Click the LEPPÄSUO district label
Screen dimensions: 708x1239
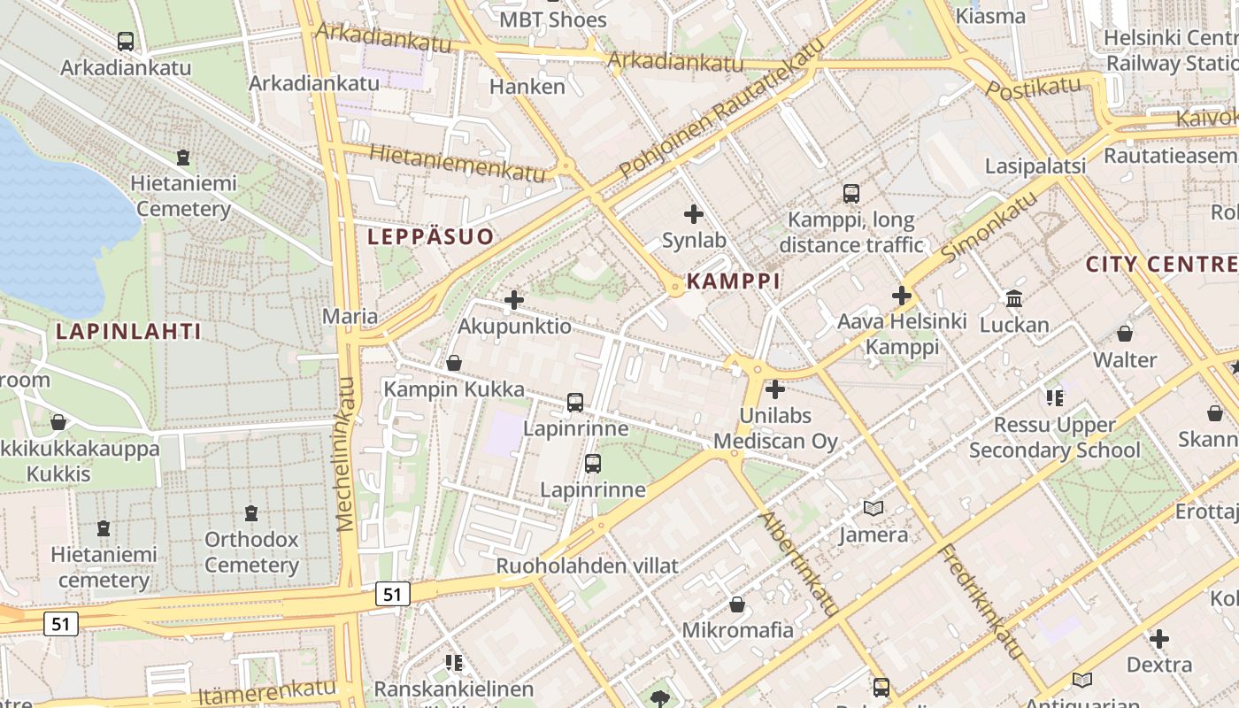click(x=430, y=237)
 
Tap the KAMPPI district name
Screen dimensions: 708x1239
click(x=734, y=281)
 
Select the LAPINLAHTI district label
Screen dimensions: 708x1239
click(x=128, y=332)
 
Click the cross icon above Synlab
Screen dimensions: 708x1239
click(x=694, y=214)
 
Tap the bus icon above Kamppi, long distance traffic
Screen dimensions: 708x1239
click(x=850, y=193)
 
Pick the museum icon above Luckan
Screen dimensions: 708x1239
click(x=1014, y=298)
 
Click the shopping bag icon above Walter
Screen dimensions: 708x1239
click(x=1124, y=334)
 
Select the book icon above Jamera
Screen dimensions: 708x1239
click(x=873, y=508)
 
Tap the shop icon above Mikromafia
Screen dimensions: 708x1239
click(x=736, y=604)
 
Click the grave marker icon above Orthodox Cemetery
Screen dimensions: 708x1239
click(x=251, y=512)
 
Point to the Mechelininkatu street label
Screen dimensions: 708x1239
click(x=346, y=454)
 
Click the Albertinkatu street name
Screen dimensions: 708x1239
click(x=799, y=563)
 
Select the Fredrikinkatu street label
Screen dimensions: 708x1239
click(x=981, y=602)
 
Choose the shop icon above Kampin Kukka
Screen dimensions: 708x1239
click(x=454, y=363)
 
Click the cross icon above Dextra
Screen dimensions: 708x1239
click(x=1158, y=638)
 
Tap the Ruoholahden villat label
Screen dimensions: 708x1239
click(x=587, y=566)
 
